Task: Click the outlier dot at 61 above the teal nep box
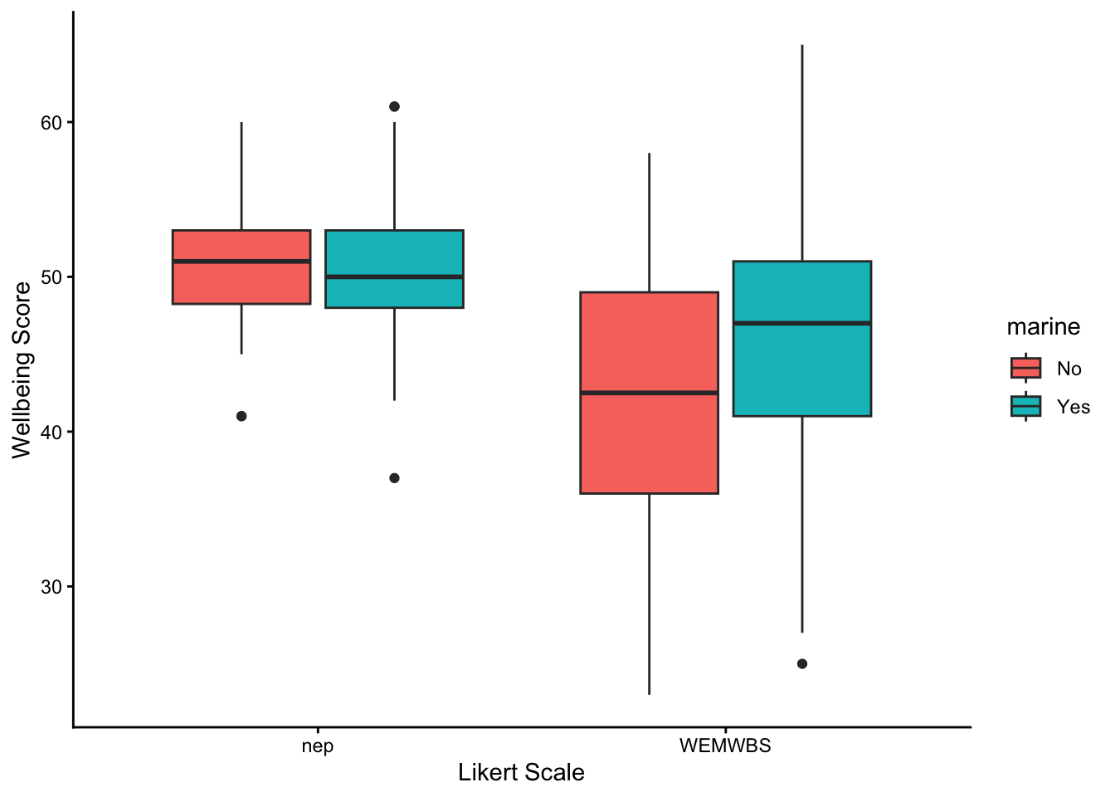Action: (x=394, y=106)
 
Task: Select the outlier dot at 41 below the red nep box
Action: (x=241, y=416)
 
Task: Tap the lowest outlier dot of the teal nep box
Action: (x=394, y=478)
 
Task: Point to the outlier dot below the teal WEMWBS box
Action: (x=802, y=664)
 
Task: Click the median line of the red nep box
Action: (x=241, y=262)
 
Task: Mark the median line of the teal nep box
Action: (x=394, y=276)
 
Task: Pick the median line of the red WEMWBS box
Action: (x=649, y=393)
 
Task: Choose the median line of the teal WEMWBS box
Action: (x=802, y=323)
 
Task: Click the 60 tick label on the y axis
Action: (x=51, y=123)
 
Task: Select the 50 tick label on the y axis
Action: (x=51, y=277)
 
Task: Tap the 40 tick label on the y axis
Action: (x=51, y=433)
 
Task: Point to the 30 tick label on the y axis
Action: (x=51, y=587)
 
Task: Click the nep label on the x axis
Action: (x=318, y=746)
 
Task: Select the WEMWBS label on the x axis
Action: (x=725, y=746)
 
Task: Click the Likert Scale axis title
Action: (x=521, y=773)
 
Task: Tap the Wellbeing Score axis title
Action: (x=22, y=369)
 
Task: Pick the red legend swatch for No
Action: (x=1026, y=368)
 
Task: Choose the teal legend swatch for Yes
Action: (x=1026, y=406)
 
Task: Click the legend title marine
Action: (x=1043, y=327)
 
